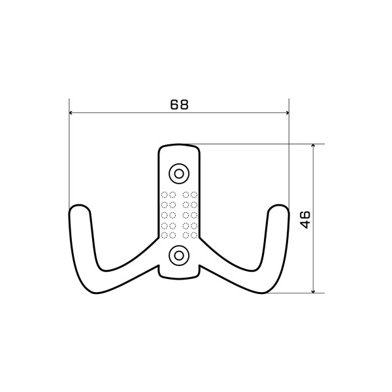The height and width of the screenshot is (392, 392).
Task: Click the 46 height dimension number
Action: (305, 219)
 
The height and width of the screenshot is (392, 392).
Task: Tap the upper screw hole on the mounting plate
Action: (178, 172)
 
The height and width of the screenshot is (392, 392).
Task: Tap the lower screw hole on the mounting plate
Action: (178, 255)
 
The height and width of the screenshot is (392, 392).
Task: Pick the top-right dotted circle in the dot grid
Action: (194, 194)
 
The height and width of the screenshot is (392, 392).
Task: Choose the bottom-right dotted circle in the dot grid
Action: (194, 235)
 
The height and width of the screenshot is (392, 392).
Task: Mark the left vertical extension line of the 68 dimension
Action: (69, 157)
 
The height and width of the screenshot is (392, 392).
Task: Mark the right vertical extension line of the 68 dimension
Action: (288, 157)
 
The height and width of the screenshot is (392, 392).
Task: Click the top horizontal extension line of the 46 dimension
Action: (261, 144)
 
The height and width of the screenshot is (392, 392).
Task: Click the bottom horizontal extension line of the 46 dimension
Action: (294, 293)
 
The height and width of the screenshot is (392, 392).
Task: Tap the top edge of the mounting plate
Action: (178, 144)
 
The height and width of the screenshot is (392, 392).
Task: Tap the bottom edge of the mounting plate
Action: (178, 275)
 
